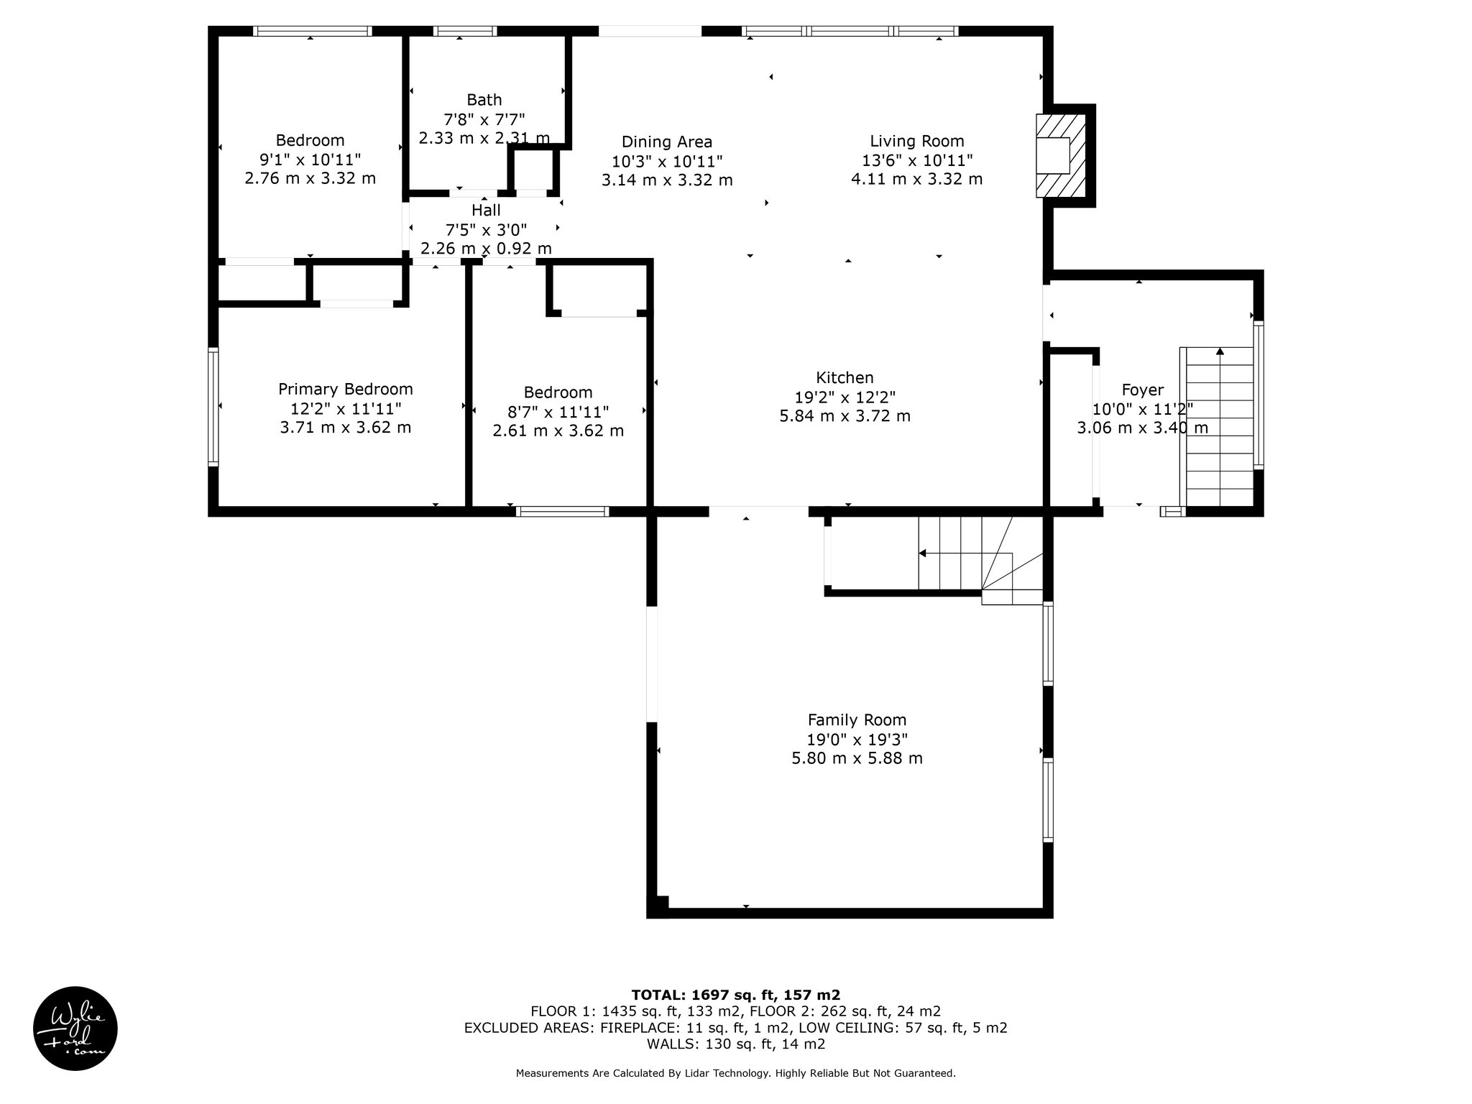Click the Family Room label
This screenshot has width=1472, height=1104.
[857, 720]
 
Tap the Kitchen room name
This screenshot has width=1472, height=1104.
[845, 377]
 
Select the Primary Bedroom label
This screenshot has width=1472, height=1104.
[346, 390]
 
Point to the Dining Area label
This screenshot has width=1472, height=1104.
[667, 142]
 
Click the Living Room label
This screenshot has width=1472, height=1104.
[917, 142]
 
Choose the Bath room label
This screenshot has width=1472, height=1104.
[484, 100]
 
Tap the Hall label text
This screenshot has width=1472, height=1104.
[486, 211]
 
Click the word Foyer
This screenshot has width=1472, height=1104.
[1142, 390]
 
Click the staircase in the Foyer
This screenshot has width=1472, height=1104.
[1220, 427]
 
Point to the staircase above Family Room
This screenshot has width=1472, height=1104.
[981, 561]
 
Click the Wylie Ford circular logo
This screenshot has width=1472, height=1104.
[75, 1029]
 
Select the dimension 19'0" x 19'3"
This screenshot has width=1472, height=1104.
[857, 740]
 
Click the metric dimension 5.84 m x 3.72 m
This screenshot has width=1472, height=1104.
[845, 416]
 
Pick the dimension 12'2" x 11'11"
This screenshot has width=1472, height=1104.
[346, 409]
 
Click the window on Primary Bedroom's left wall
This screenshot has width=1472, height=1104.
[213, 407]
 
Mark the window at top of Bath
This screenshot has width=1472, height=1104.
[465, 31]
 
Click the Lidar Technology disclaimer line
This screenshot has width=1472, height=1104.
[736, 1074]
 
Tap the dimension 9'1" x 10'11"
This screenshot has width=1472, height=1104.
[310, 160]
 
